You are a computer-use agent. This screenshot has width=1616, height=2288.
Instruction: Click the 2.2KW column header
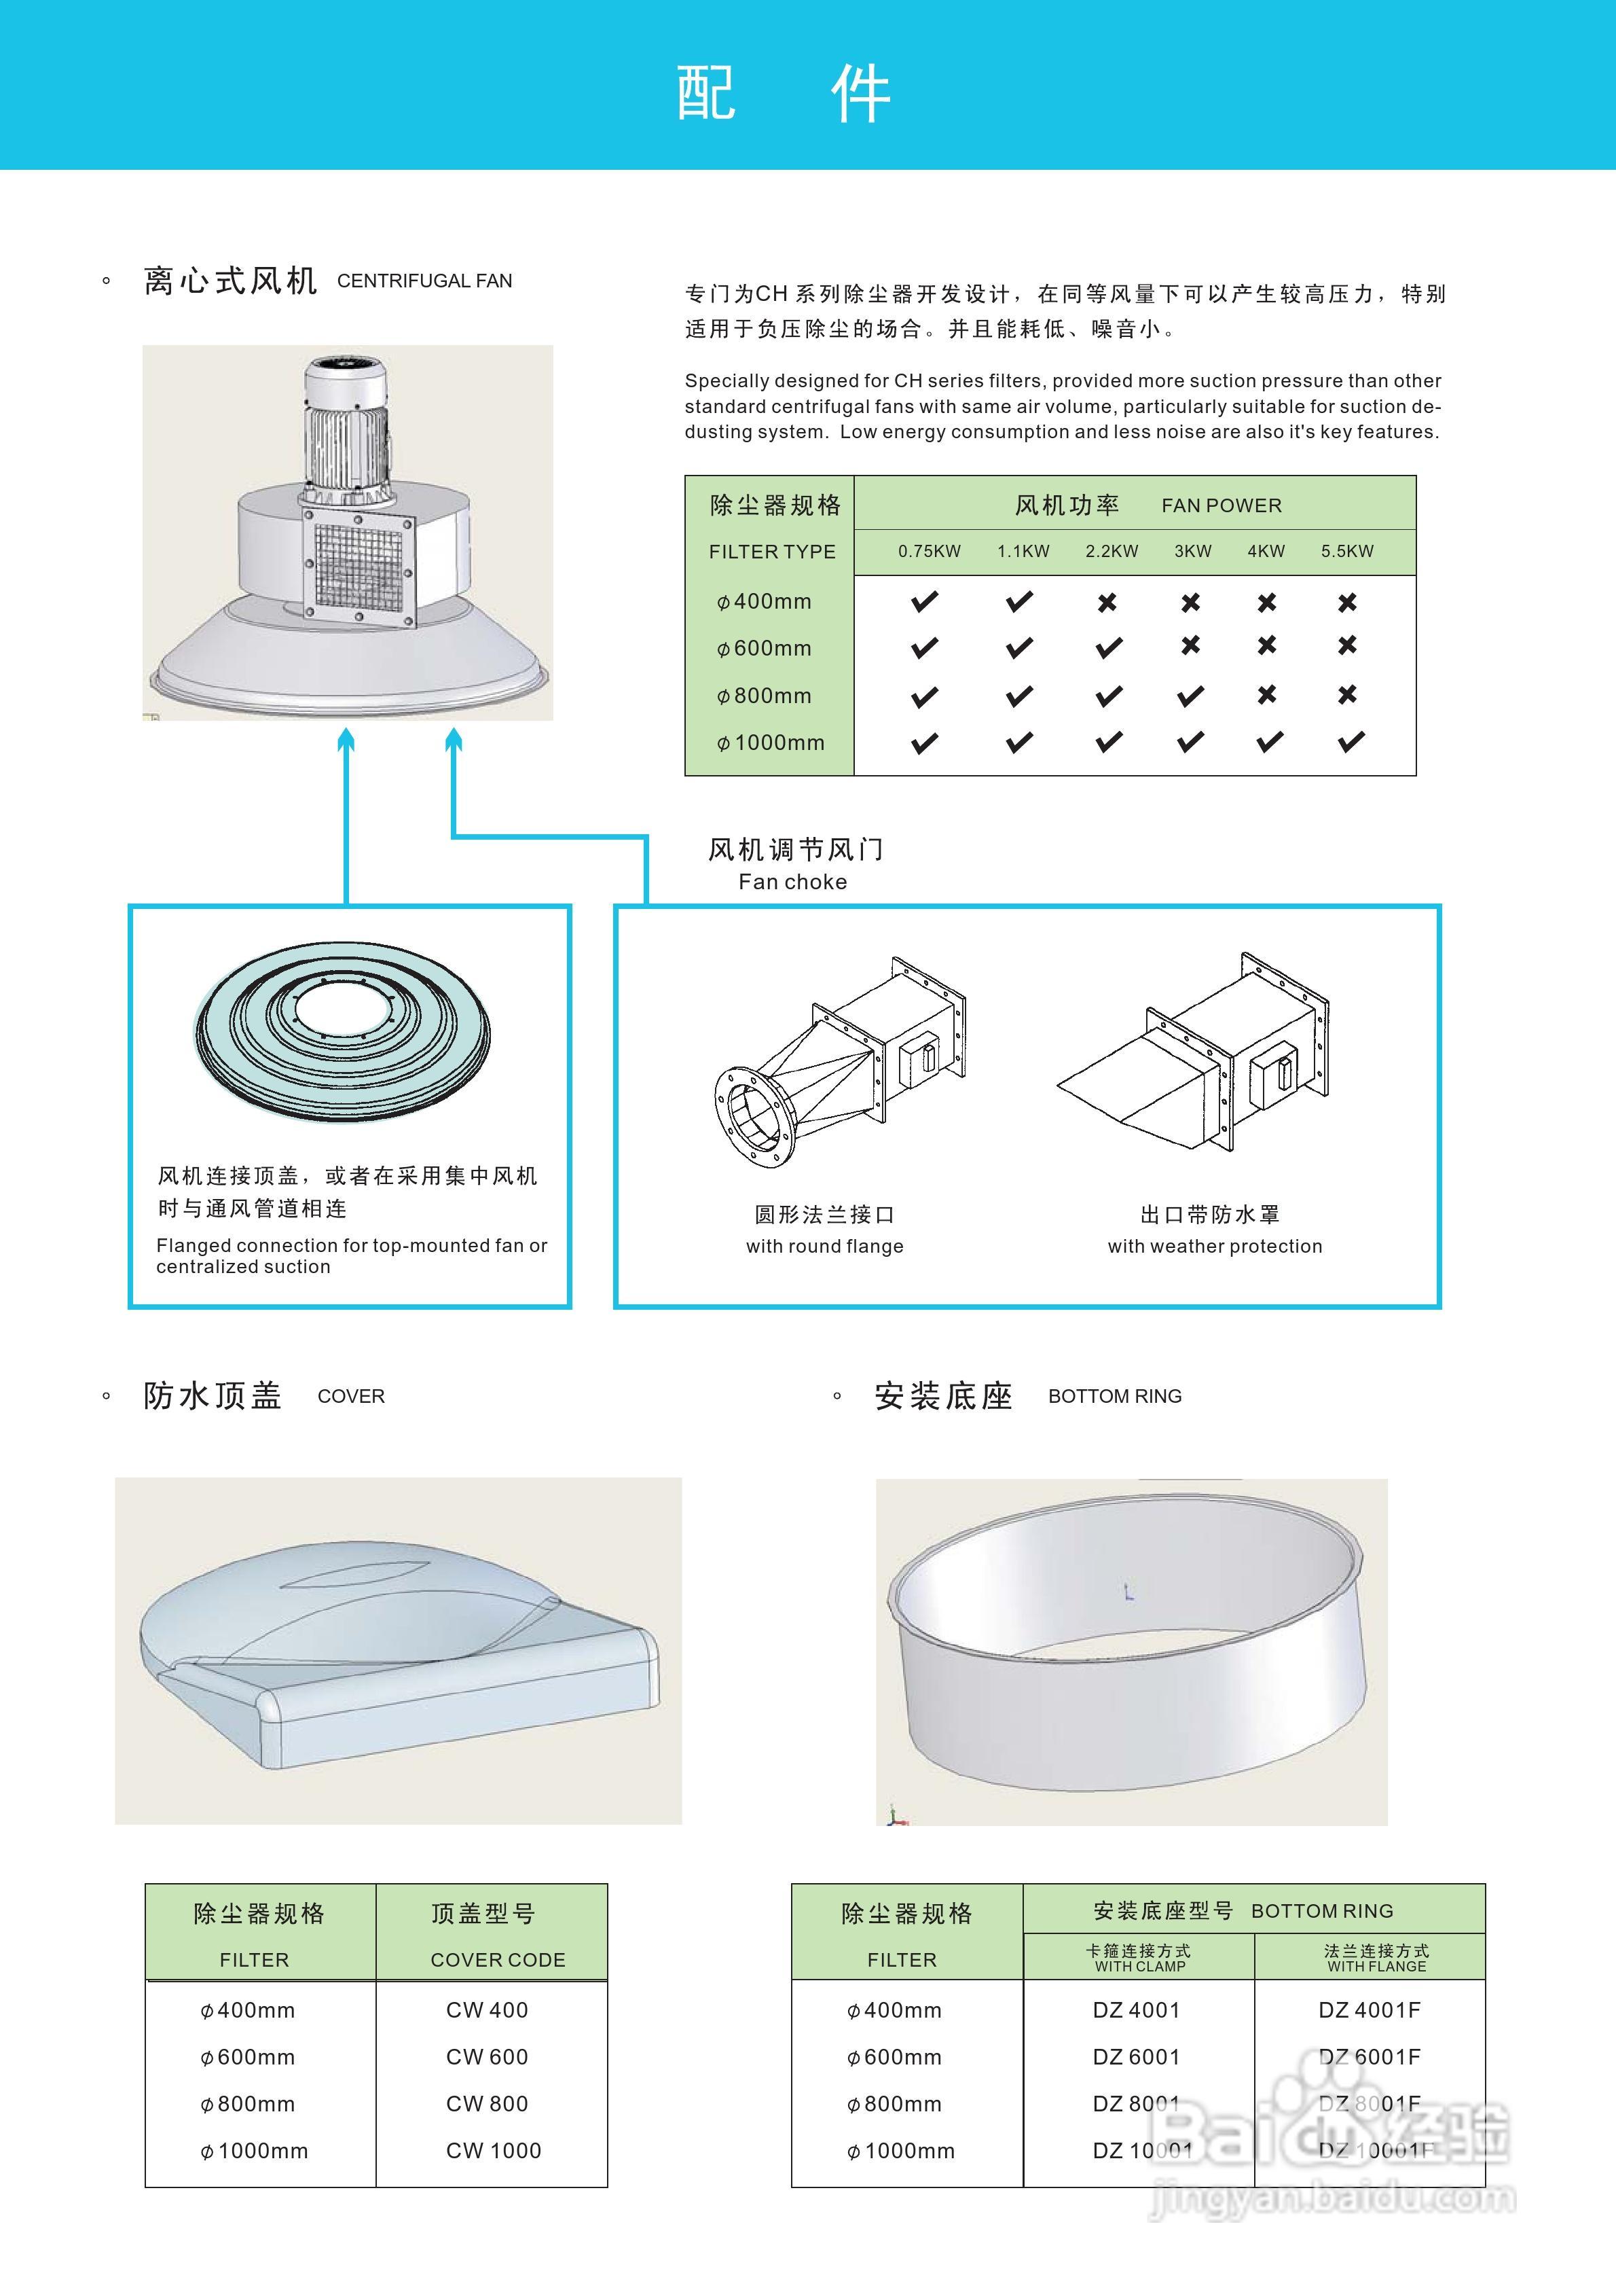point(1111,551)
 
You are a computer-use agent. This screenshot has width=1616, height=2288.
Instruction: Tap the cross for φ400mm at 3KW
point(1190,602)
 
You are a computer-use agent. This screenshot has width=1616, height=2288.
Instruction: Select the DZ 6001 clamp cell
point(1136,2057)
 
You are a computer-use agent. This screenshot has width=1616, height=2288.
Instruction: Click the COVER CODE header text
point(497,1959)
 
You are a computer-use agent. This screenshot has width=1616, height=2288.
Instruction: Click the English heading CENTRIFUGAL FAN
point(424,281)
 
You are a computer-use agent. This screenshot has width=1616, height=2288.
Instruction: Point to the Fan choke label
point(793,881)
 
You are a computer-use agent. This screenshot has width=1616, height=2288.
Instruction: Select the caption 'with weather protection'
point(1215,1246)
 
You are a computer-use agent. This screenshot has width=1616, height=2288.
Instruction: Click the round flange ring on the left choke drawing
point(755,1116)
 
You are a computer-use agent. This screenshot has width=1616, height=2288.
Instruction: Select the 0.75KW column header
point(929,551)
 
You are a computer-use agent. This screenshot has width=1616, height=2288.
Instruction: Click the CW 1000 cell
point(493,2151)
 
